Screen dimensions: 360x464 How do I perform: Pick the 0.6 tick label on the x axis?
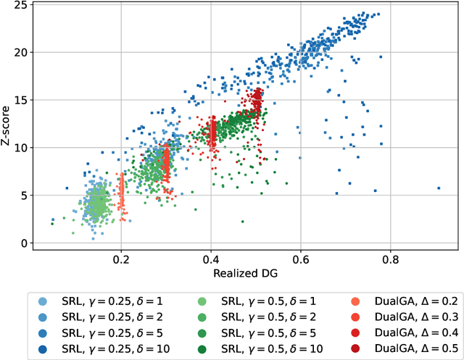(x=300, y=258)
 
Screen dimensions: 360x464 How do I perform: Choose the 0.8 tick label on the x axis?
(x=390, y=258)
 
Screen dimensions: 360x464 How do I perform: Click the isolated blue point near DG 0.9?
(x=439, y=188)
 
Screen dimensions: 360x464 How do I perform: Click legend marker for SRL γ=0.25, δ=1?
(x=43, y=301)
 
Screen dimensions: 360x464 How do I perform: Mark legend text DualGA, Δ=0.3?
(x=392, y=316)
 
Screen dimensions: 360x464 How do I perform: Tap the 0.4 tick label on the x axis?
(x=211, y=258)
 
